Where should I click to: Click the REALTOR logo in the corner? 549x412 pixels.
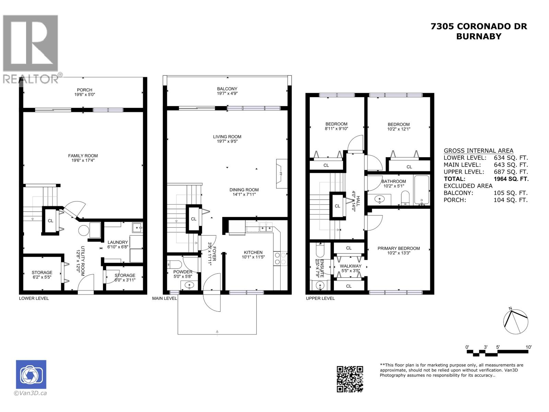click(31, 48)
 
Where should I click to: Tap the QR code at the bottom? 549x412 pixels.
click(350, 379)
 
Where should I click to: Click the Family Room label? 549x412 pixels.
click(83, 156)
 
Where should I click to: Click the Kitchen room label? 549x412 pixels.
click(253, 252)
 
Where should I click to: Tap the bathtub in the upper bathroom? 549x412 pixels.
click(421, 190)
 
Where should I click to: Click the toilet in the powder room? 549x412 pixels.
click(175, 265)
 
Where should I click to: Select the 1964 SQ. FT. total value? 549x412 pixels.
click(511, 179)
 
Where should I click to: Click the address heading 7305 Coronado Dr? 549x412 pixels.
click(479, 26)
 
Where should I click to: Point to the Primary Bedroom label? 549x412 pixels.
click(398, 248)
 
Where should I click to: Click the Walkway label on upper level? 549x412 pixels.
click(350, 266)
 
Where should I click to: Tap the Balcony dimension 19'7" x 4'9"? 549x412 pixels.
click(227, 93)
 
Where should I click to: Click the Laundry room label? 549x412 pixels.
click(117, 242)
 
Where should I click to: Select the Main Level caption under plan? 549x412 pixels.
click(164, 298)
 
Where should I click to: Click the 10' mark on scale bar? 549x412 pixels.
click(528, 347)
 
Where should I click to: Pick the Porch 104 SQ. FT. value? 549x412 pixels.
click(510, 200)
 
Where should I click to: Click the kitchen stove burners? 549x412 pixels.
click(280, 258)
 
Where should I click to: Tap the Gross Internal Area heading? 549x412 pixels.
click(478, 150)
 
